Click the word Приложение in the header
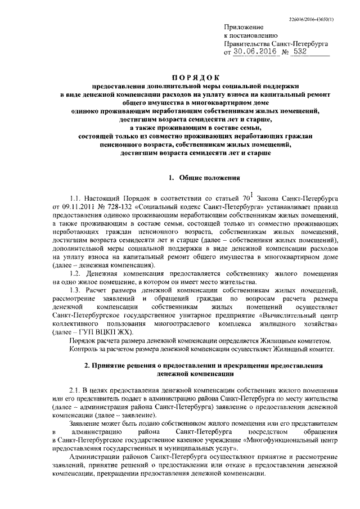coord(240,26)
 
